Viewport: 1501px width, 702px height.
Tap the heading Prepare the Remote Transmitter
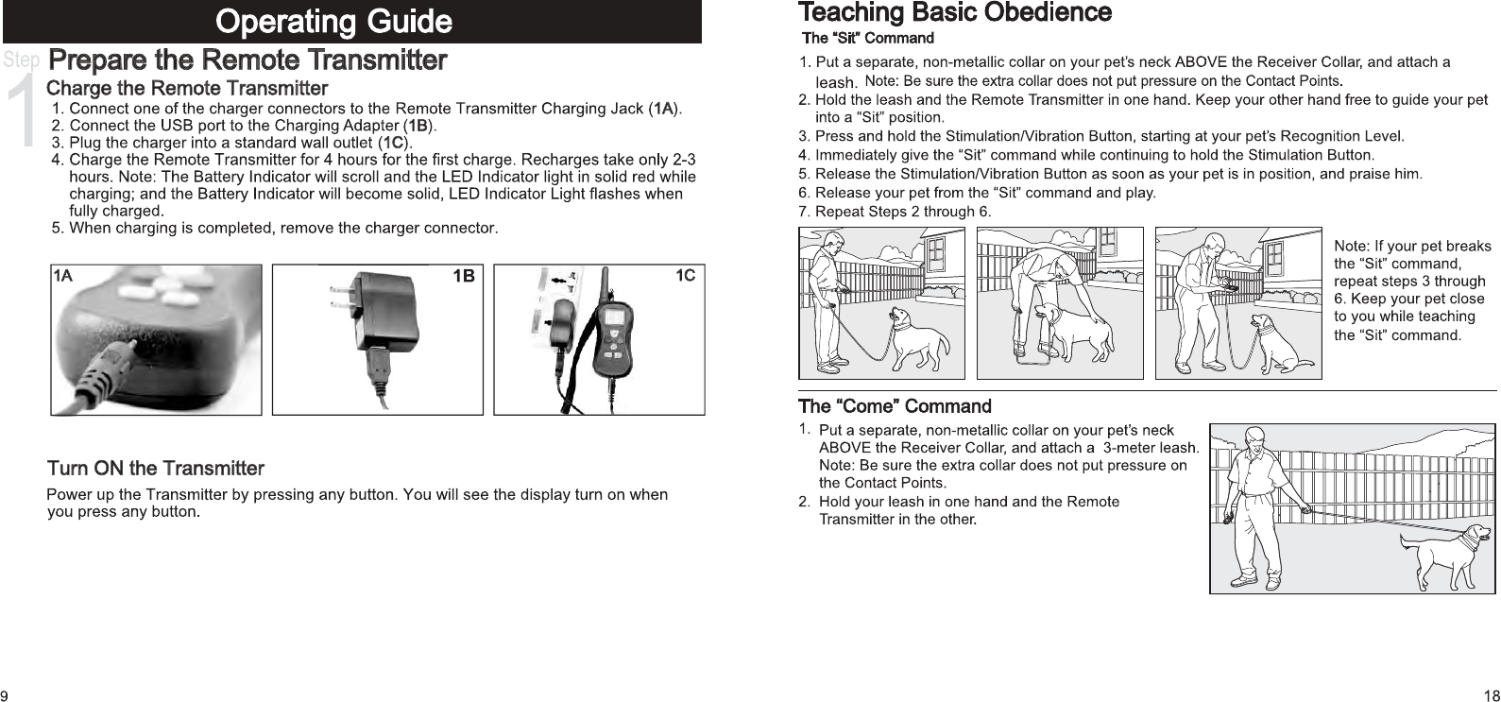tap(247, 61)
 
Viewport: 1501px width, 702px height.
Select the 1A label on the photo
tap(62, 276)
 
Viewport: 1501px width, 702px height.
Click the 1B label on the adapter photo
tap(464, 276)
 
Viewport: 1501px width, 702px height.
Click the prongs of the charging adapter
tap(340, 295)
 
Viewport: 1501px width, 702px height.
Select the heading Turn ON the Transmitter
tap(156, 469)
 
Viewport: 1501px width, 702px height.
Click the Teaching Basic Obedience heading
tap(955, 13)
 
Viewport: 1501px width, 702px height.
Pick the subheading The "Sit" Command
tap(867, 39)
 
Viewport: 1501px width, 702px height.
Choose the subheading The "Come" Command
tap(895, 407)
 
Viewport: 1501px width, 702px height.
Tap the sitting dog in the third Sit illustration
tap(1283, 342)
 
